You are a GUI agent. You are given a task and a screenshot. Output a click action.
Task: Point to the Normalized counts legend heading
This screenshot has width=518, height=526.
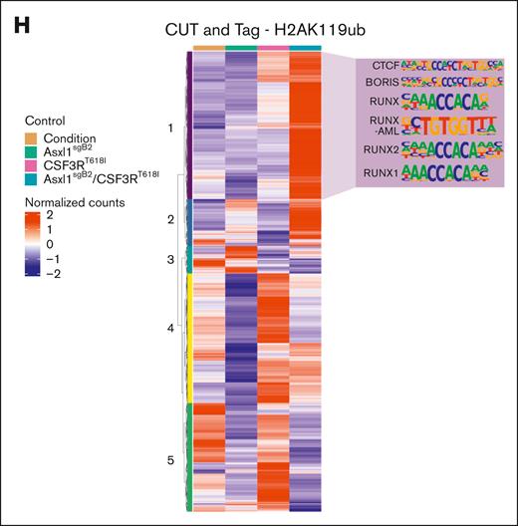tap(75, 202)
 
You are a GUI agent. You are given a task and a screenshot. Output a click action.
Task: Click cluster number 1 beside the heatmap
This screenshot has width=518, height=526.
tap(170, 129)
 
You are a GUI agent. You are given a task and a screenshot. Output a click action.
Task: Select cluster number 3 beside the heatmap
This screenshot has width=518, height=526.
tap(170, 260)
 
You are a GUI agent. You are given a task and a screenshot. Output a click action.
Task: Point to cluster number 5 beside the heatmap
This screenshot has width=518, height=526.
tap(170, 460)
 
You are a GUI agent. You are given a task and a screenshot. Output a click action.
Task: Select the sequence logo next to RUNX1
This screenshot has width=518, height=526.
tap(440, 172)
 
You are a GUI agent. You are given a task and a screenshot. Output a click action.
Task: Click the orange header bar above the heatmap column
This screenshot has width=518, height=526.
tap(208, 48)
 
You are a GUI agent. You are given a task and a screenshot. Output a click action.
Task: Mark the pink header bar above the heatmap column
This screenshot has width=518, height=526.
tap(273, 48)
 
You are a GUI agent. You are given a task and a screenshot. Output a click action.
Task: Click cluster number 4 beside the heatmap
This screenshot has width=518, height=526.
tap(170, 328)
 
